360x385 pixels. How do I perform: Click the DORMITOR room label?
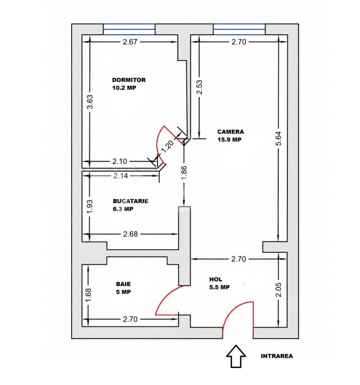pos(129,80)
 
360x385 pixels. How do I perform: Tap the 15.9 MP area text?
pos(229,140)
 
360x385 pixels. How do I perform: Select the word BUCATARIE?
pos(130,201)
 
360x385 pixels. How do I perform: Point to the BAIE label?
pos(123,284)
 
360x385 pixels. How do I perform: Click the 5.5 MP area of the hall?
pos(219,287)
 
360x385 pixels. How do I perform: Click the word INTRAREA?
pos(277,356)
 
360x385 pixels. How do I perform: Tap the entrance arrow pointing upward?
pos(236,356)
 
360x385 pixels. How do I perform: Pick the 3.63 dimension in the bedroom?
pos(90,102)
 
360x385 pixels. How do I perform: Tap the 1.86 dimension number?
pos(184,175)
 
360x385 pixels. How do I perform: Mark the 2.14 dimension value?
pos(122,175)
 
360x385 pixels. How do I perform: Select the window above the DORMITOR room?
pos(129,29)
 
